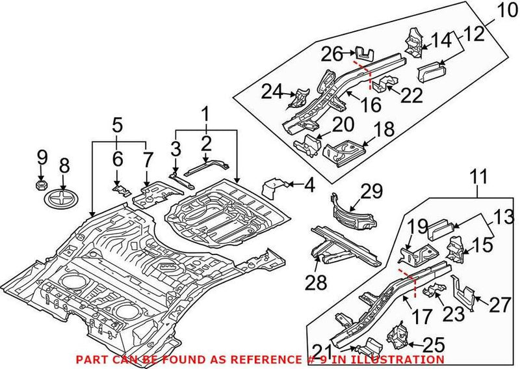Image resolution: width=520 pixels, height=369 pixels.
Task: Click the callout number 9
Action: point(42,157)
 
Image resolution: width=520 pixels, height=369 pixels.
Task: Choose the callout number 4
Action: point(309,185)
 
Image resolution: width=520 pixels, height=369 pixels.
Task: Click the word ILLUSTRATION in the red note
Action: point(408,359)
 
